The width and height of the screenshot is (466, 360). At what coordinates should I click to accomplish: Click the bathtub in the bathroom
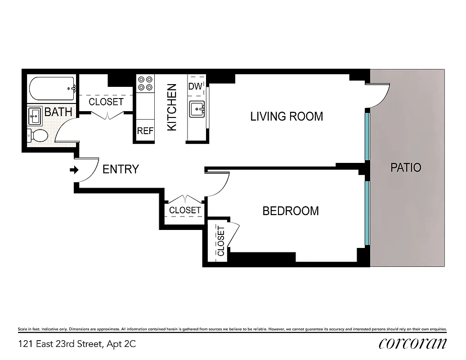pos(52,90)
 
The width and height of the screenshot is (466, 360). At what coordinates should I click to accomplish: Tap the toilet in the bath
pos(38,135)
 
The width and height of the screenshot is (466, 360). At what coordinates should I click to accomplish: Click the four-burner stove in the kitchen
pos(145,83)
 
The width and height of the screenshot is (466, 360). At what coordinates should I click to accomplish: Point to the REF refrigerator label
pos(145,131)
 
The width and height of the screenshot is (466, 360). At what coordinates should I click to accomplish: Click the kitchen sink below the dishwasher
pos(197,108)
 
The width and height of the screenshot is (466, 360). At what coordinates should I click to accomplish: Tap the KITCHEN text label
pos(172,108)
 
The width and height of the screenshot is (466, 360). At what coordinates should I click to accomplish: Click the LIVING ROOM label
pos(287,117)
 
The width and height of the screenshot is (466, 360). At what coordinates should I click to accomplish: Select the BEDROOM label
pos(291,211)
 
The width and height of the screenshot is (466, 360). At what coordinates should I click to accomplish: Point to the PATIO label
pos(406,168)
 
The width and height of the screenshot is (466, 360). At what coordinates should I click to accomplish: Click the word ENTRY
pos(121,169)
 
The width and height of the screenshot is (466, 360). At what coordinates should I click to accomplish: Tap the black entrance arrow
pos(74,170)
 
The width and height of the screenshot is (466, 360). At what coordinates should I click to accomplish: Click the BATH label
pos(58,112)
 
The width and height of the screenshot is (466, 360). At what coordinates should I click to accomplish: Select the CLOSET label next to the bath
pos(106,102)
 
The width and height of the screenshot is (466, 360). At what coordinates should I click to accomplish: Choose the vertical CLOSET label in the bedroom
pos(221,241)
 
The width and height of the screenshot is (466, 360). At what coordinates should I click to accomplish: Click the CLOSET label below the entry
pos(185,210)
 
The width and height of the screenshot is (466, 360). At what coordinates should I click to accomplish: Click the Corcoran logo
pos(412,343)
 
